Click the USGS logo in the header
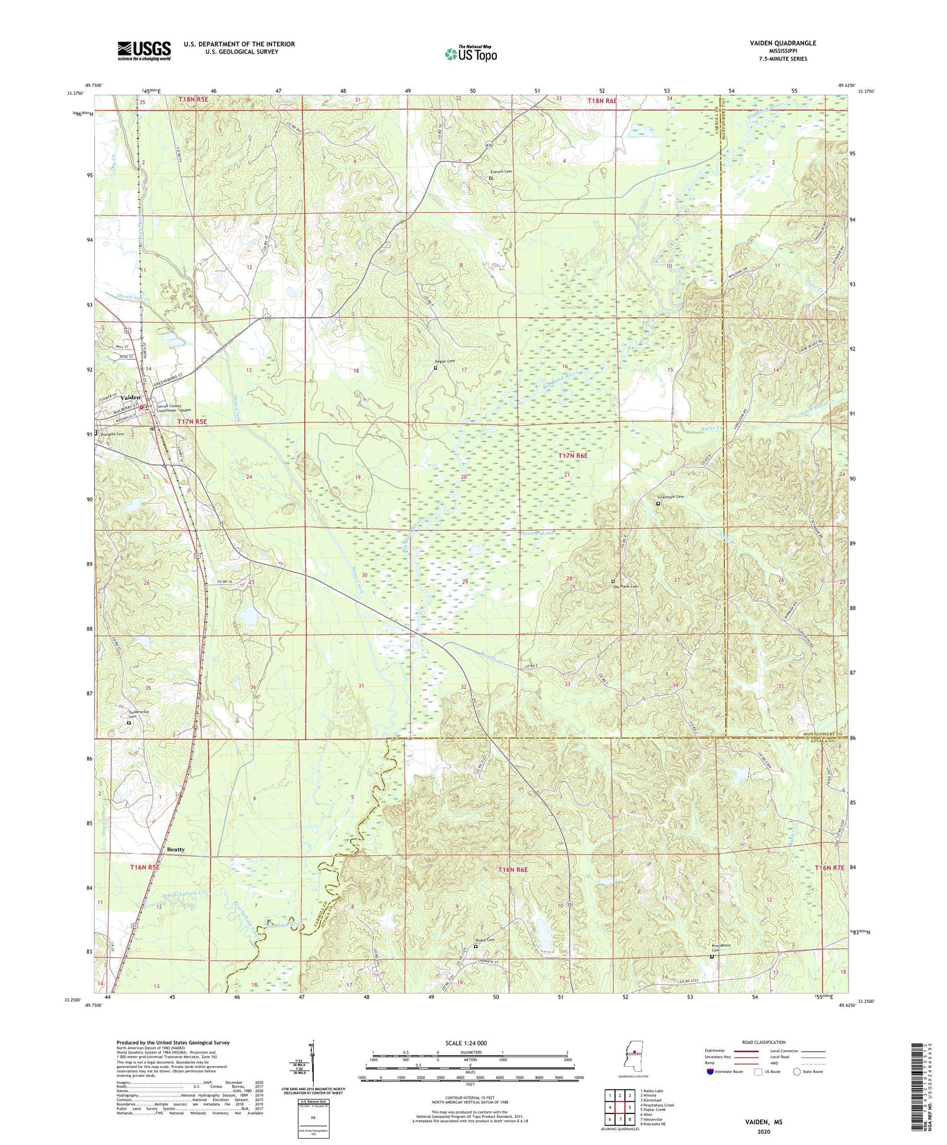coord(144,51)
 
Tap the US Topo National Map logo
coord(470,54)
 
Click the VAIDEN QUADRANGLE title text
coord(780,43)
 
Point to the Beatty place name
coord(176,849)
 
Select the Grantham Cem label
coord(670,496)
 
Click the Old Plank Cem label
coord(626,586)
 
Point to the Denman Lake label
coord(539,534)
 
